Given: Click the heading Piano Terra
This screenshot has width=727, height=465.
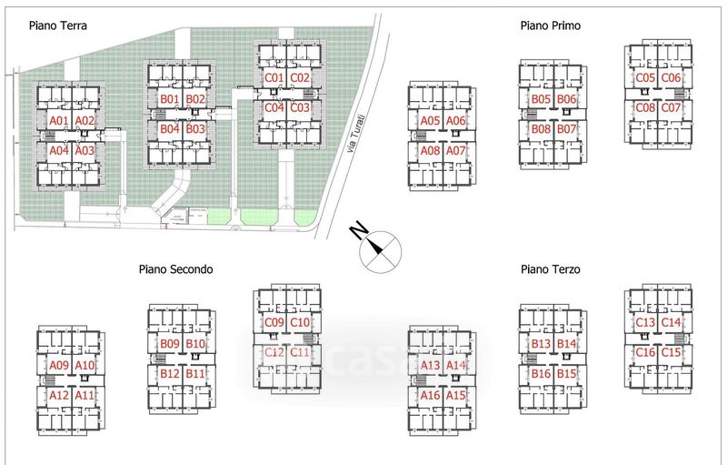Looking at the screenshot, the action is (57, 26).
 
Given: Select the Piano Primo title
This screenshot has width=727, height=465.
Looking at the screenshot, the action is (550, 26).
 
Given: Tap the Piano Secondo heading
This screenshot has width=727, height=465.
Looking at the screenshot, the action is (175, 269).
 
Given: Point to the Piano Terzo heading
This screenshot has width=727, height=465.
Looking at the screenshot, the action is (550, 269).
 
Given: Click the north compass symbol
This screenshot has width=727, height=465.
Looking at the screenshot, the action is (380, 252).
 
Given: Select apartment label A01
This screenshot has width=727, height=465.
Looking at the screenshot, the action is (59, 121).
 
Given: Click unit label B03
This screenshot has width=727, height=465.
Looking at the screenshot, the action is (195, 129).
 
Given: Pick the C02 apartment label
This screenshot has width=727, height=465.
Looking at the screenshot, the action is (301, 78).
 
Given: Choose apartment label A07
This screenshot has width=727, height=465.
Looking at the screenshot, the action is (456, 150).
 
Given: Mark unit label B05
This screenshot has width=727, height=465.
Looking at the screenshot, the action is (542, 99).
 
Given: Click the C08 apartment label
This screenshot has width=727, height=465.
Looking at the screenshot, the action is (645, 108).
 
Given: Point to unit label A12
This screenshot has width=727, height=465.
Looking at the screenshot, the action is (59, 395).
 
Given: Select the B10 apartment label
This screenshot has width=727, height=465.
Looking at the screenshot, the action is (195, 344).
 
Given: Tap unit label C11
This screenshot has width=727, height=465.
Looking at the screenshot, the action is (301, 352).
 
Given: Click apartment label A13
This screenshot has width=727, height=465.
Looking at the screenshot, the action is (430, 366).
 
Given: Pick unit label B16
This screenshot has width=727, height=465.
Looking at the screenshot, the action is (542, 374).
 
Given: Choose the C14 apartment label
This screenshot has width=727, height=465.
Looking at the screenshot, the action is (672, 323).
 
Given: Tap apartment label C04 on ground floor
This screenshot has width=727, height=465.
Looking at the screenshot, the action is (274, 107).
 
